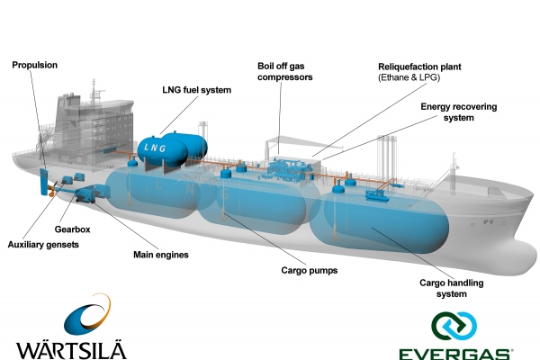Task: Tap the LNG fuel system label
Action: (197, 90)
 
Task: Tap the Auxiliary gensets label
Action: (43, 245)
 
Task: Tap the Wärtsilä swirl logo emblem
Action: (81, 316)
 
